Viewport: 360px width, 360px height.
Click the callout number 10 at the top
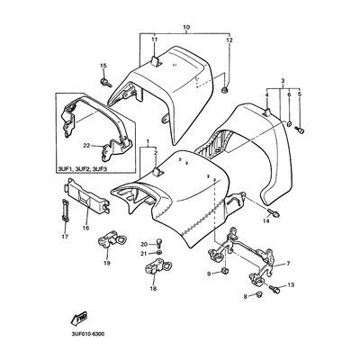tap(186, 27)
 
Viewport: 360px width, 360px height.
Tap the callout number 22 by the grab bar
tap(86, 146)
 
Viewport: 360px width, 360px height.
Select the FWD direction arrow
tap(79, 318)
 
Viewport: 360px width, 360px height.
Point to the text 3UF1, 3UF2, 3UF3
tap(84, 169)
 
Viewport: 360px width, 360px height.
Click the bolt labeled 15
tap(105, 82)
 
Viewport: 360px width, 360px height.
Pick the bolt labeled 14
tap(274, 213)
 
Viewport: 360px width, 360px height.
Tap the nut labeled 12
tap(225, 89)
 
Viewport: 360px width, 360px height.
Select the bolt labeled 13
tap(274, 290)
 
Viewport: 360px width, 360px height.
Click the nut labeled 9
tap(223, 272)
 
